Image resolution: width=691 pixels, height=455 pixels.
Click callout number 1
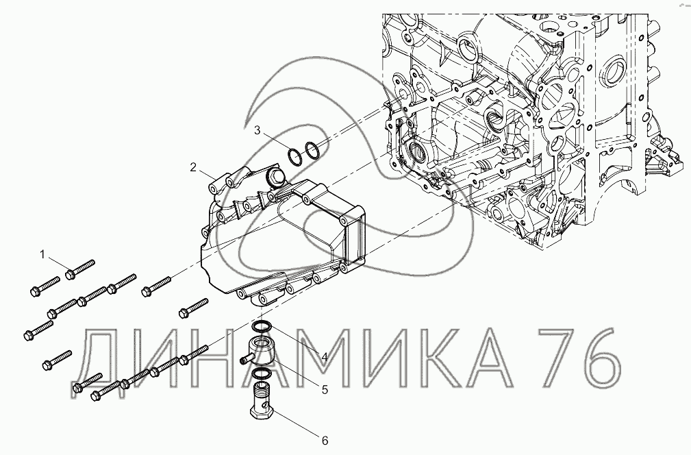[x=42, y=254]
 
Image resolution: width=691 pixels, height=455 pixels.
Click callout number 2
[x=193, y=167]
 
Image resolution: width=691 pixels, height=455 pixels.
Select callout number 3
[x=257, y=130]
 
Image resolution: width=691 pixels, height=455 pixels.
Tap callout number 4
[x=325, y=357]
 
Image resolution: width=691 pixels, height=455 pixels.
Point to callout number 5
[x=325, y=390]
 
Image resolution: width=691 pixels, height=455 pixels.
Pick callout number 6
[x=325, y=440]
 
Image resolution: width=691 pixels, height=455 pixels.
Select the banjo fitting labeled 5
[x=260, y=352]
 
